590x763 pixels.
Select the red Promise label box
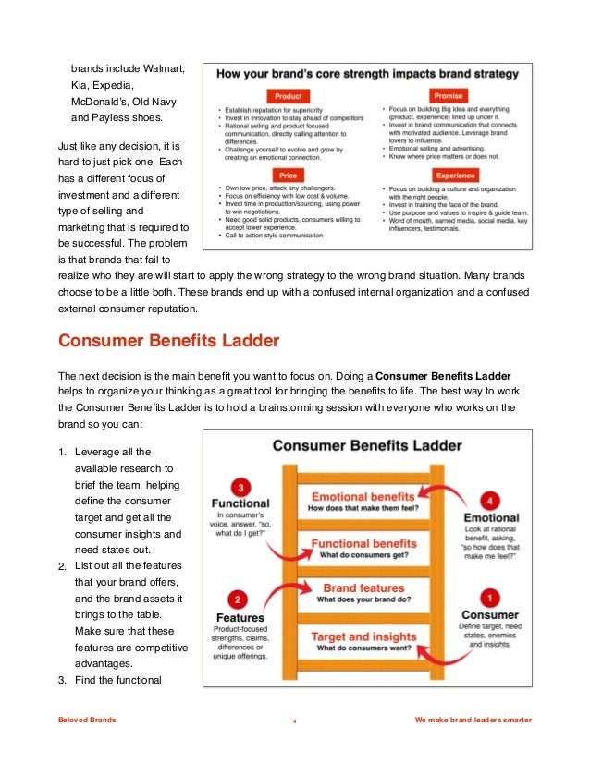point(449,96)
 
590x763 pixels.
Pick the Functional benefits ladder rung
point(363,548)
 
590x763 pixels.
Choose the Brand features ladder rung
point(363,592)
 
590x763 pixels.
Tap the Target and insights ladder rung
point(363,642)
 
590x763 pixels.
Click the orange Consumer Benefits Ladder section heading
point(167,340)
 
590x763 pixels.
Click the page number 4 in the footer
point(294,721)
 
